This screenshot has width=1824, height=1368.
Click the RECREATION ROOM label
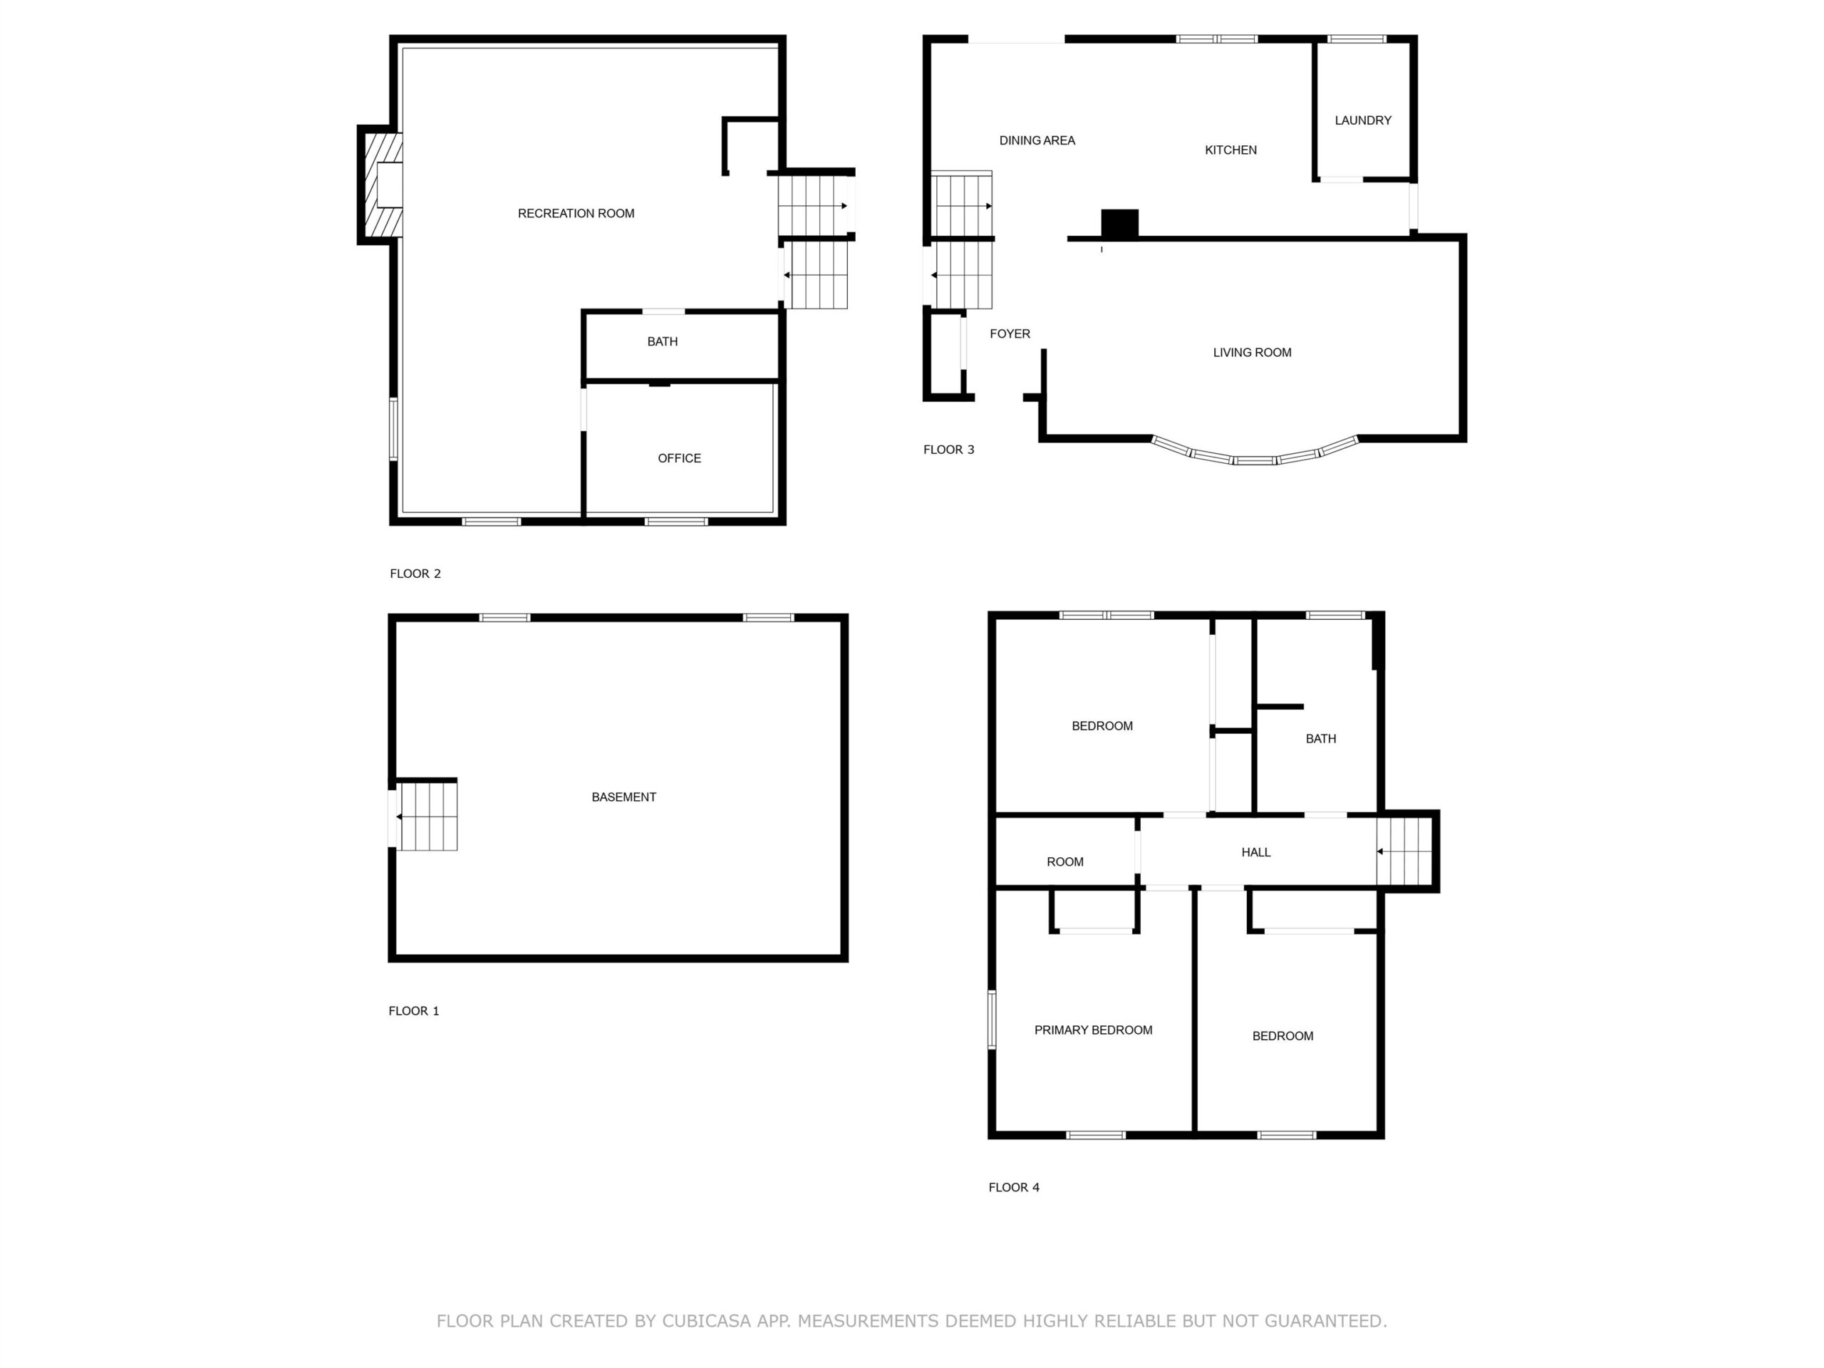pyautogui.click(x=576, y=214)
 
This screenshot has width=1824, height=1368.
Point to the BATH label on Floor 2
pyautogui.click(x=662, y=341)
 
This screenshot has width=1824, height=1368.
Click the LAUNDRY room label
pyautogui.click(x=1362, y=120)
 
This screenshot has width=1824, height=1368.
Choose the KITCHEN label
pyautogui.click(x=1230, y=150)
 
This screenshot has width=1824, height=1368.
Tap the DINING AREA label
pyautogui.click(x=1037, y=140)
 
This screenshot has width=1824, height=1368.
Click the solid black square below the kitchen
pyautogui.click(x=1120, y=224)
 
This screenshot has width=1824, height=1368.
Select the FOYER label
pyautogui.click(x=1010, y=334)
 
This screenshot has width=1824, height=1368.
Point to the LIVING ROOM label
pyautogui.click(x=1252, y=353)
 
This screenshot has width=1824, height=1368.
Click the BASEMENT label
pyautogui.click(x=623, y=797)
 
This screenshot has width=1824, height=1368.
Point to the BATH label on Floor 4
pyautogui.click(x=1320, y=739)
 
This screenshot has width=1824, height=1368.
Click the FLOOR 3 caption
pyautogui.click(x=948, y=450)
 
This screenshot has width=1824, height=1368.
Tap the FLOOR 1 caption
pyautogui.click(x=413, y=1011)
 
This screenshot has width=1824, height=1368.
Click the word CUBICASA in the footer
pyautogui.click(x=707, y=1321)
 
